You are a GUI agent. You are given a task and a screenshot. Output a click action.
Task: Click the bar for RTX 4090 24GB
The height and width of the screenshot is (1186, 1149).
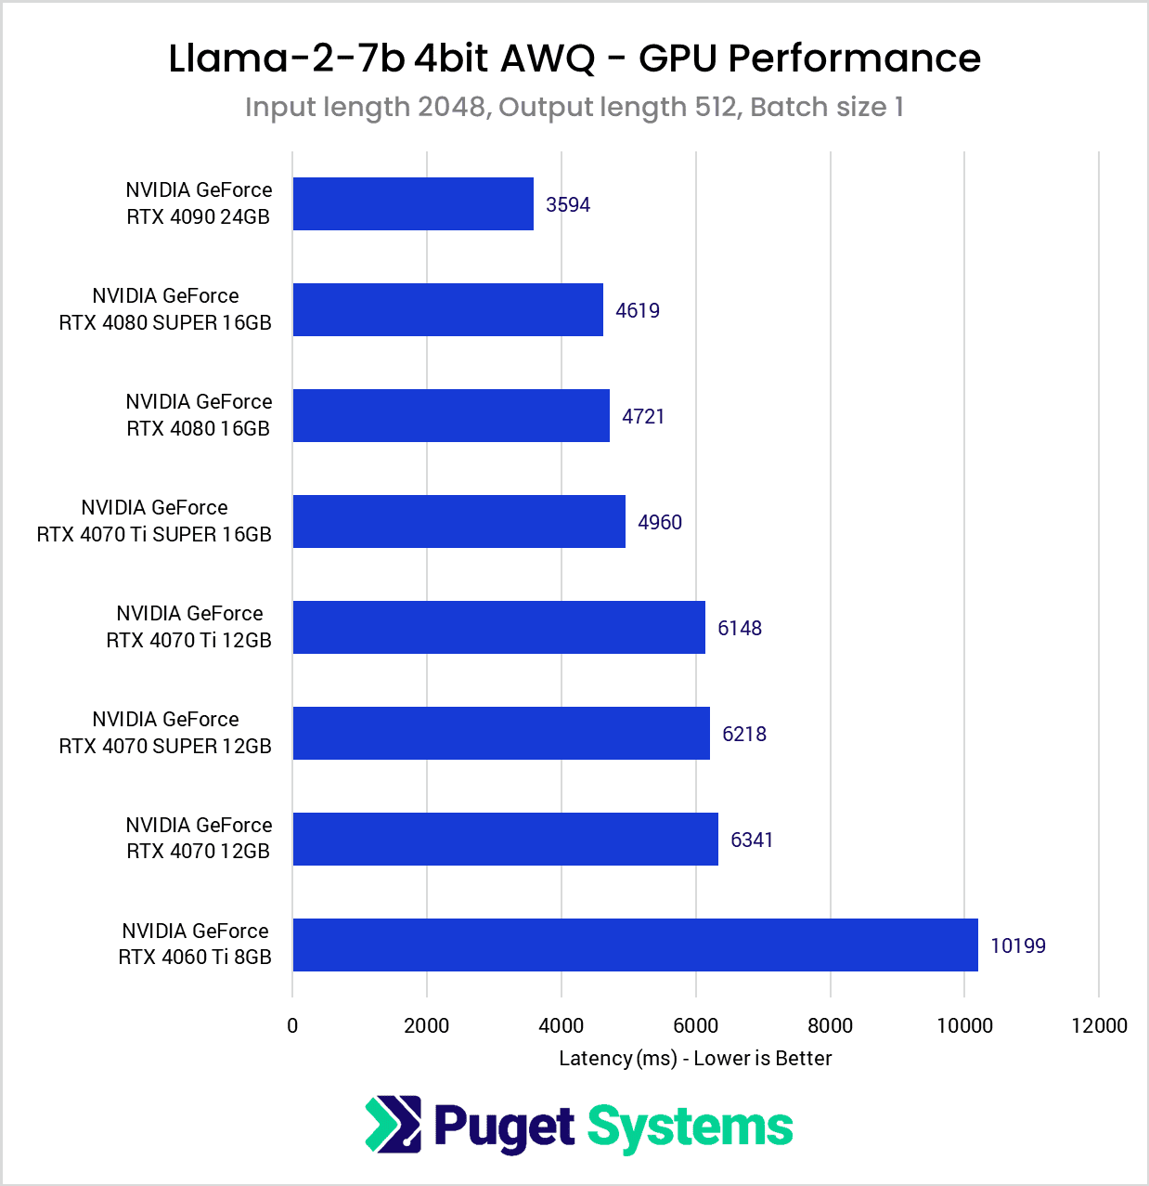pyautogui.click(x=413, y=204)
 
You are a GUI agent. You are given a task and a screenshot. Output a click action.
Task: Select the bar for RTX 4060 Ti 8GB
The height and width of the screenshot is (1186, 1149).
pyautogui.click(x=635, y=945)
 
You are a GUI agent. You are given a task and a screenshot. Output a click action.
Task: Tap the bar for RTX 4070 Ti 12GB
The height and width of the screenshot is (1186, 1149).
pyautogui.click(x=498, y=628)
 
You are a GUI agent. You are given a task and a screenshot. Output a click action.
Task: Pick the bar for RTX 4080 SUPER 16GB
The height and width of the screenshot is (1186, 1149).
pyautogui.click(x=447, y=310)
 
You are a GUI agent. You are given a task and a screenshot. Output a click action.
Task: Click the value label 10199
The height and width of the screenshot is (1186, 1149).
pyautogui.click(x=1017, y=945)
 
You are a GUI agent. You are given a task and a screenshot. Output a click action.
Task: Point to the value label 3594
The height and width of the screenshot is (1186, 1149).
pyautogui.click(x=567, y=204)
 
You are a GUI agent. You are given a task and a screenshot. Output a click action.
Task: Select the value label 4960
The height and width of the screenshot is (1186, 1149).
pyautogui.click(x=659, y=522)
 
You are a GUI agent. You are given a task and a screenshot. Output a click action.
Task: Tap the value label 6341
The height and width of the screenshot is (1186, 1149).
pyautogui.click(x=751, y=840)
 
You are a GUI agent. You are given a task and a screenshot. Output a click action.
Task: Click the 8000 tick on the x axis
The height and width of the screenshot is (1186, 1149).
pyautogui.click(x=830, y=1025)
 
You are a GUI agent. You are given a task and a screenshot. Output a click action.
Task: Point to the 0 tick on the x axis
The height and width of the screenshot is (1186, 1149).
pyautogui.click(x=292, y=1025)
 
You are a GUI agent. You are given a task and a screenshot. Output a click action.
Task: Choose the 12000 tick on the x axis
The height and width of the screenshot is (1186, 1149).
pyautogui.click(x=1099, y=1025)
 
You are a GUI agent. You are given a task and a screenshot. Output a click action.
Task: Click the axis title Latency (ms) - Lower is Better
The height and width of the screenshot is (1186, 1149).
pyautogui.click(x=695, y=1058)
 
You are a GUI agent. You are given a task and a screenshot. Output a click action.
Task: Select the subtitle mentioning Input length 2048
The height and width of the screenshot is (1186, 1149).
pyautogui.click(x=574, y=107)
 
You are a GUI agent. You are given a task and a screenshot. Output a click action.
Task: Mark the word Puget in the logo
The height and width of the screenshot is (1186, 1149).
pyautogui.click(x=504, y=1127)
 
